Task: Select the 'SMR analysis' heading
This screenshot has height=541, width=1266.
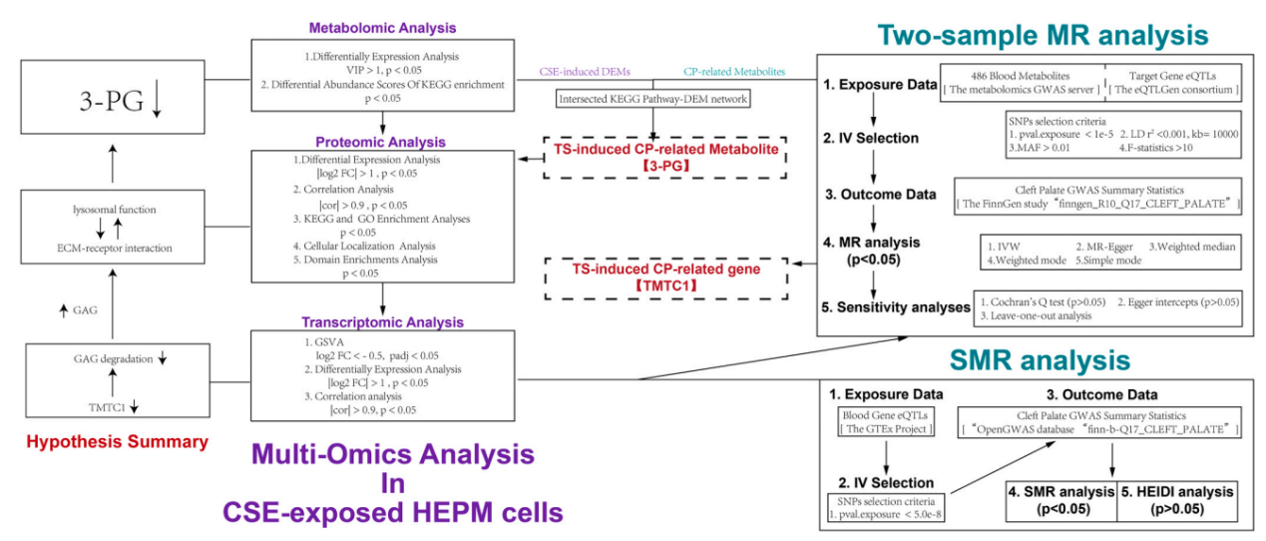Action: pos(1040,359)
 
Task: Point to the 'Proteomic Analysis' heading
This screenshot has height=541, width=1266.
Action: pos(383,142)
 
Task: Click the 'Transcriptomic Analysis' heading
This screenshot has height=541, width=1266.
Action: pos(383,322)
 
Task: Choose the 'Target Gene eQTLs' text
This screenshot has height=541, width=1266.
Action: pos(1174,75)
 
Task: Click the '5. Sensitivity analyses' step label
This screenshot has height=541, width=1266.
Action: pos(894,306)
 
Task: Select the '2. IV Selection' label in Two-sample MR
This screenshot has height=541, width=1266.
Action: pos(869,138)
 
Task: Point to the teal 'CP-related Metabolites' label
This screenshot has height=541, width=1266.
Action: pos(734,71)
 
